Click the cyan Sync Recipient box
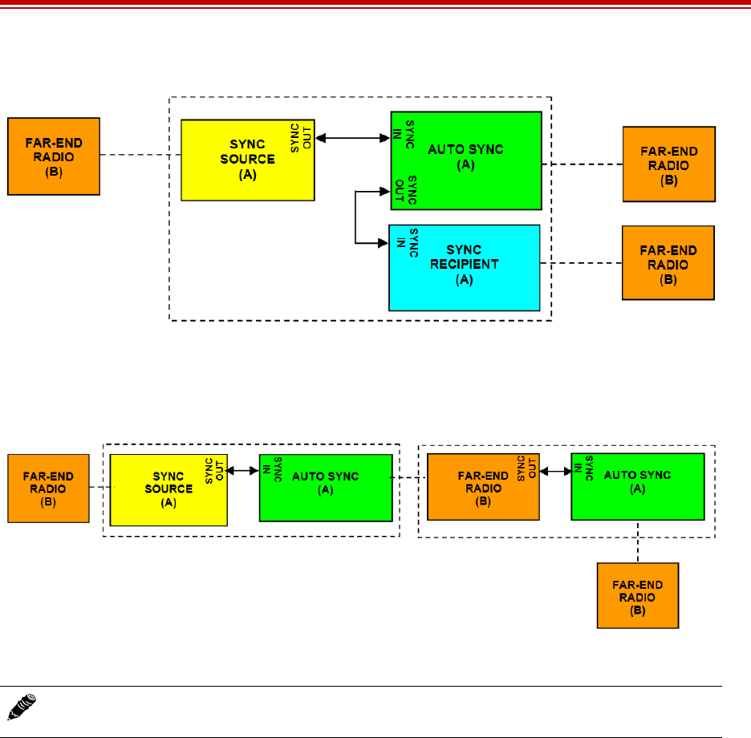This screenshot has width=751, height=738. tap(464, 267)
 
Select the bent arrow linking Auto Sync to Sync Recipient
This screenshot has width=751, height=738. tap(356, 217)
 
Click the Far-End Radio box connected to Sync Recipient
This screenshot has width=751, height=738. tap(668, 263)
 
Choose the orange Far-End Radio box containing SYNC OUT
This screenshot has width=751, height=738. tap(482, 487)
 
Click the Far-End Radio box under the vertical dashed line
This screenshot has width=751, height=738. tap(637, 594)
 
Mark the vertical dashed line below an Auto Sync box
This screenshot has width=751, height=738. tap(638, 541)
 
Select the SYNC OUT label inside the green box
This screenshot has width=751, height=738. tap(406, 190)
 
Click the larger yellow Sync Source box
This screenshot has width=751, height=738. tap(246, 160)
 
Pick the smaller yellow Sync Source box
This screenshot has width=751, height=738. tap(168, 489)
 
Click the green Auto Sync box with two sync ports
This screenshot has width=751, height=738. tap(465, 160)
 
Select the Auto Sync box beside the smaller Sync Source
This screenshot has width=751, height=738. tap(325, 487)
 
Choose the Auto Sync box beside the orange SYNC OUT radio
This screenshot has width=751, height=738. tap(637, 486)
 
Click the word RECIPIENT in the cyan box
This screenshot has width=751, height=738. tap(464, 263)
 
